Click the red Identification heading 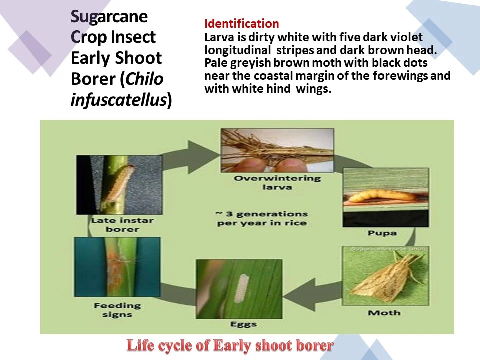(241, 24)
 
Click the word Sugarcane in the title (109, 17)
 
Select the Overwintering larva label (277, 183)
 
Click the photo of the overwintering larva (277, 150)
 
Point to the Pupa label (382, 233)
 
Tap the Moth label (384, 313)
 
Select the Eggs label (243, 324)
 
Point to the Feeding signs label (117, 310)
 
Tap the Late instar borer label (123, 225)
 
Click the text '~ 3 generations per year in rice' (261, 218)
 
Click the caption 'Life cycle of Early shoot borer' (230, 345)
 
